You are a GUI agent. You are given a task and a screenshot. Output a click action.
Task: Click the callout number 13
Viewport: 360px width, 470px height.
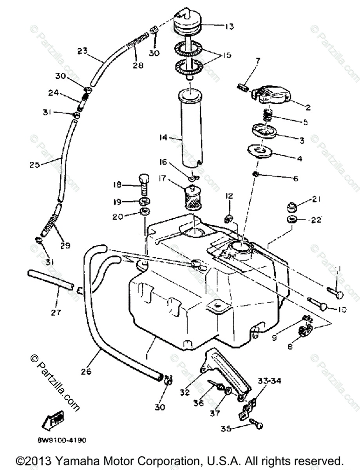[230, 27]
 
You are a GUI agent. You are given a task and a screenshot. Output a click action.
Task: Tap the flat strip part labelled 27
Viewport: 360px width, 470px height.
[50, 279]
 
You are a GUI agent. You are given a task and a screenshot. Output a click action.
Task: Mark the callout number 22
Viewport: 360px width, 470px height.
[316, 220]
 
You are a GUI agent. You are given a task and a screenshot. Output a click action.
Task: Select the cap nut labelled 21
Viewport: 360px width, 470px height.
[292, 206]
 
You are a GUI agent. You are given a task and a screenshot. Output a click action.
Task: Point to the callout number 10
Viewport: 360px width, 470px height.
[342, 309]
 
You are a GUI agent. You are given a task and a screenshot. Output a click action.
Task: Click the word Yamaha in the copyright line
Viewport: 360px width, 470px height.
[77, 460]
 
